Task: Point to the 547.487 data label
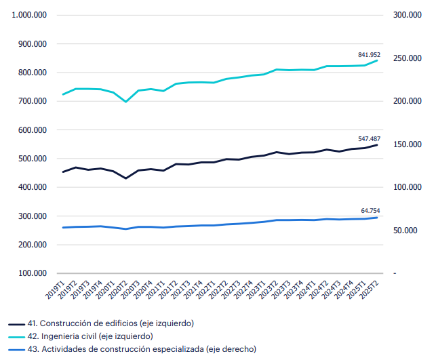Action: click(369, 138)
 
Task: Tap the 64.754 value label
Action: click(371, 211)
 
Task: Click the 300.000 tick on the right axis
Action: click(408, 15)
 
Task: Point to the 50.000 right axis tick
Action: click(410, 231)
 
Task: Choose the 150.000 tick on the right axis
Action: click(408, 144)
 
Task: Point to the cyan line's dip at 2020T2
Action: click(125, 102)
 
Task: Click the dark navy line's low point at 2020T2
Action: click(125, 178)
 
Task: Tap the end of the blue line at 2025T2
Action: click(377, 217)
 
